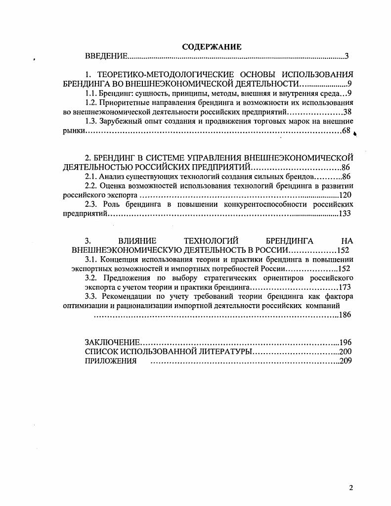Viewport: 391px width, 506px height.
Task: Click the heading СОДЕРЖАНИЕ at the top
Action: click(x=212, y=47)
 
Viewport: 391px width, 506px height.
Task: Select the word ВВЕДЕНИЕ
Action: click(x=106, y=56)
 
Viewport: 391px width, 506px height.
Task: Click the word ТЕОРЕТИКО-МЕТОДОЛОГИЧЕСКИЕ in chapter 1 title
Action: click(x=168, y=74)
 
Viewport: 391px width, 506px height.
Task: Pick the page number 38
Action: click(x=347, y=112)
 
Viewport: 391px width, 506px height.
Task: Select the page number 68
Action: click(x=346, y=131)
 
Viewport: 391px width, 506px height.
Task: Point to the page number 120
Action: click(x=345, y=195)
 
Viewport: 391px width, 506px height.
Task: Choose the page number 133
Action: click(x=345, y=214)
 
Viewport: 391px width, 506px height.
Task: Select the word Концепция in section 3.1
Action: click(x=118, y=259)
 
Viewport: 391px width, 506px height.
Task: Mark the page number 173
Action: click(x=345, y=287)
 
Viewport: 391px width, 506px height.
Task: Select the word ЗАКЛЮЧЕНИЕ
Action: click(x=113, y=342)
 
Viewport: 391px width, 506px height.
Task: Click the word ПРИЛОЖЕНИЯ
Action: click(x=110, y=361)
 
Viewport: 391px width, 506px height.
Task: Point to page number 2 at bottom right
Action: click(x=351, y=488)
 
